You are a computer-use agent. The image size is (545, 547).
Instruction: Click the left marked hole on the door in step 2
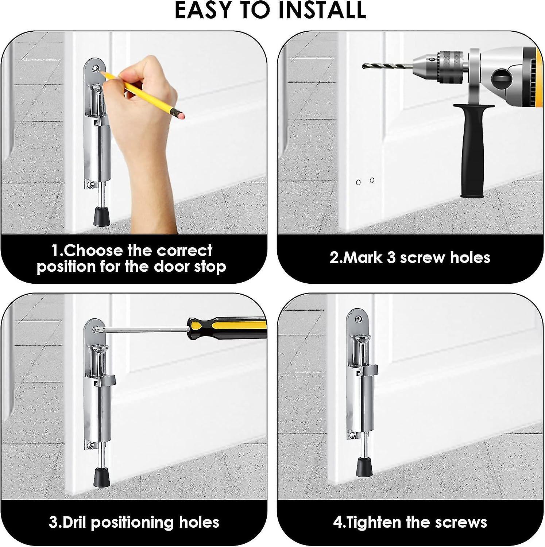(358, 182)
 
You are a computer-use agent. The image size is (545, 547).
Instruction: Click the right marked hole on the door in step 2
(372, 180)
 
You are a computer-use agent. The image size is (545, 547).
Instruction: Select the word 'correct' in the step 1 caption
(184, 251)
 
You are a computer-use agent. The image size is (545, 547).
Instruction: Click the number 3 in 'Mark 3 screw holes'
(391, 258)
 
